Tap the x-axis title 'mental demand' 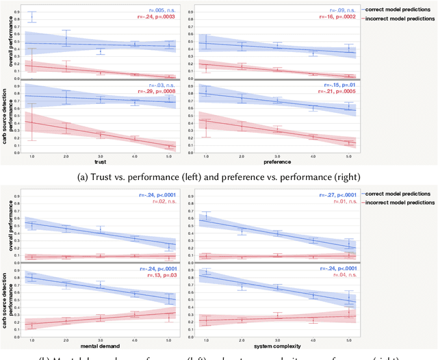(x=101, y=340)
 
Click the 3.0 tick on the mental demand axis (x=101, y=333)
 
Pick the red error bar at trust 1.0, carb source (x=31, y=122)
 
